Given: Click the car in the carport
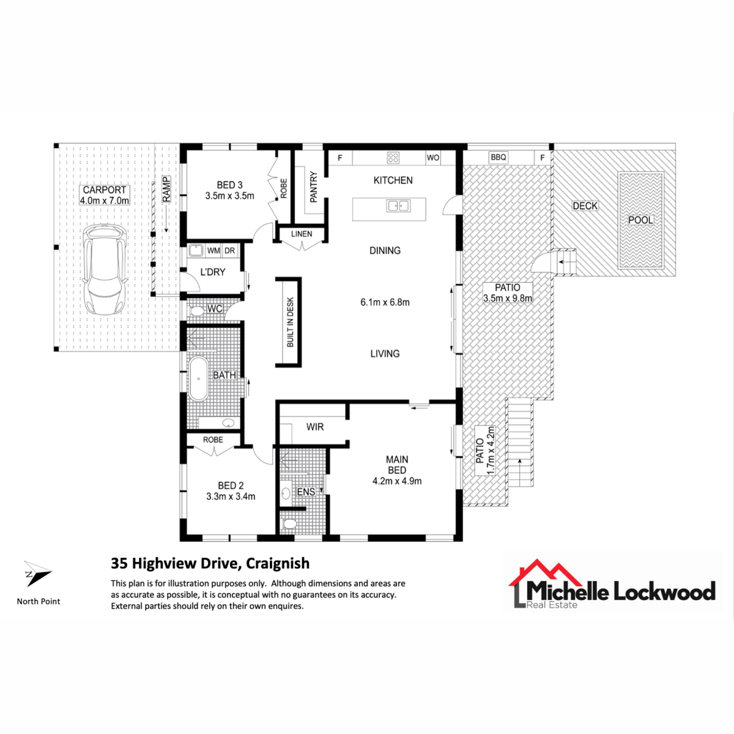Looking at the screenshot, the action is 105,270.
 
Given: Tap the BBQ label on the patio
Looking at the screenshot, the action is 499,157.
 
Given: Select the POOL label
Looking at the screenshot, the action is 640,220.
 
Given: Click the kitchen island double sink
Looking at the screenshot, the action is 398,206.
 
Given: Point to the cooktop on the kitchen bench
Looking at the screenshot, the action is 393,158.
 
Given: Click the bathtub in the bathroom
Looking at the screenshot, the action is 198,378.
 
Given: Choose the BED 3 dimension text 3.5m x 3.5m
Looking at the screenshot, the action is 229,196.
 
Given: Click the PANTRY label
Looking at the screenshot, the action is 314,187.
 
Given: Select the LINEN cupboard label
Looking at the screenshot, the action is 302,234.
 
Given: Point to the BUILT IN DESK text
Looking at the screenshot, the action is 291,322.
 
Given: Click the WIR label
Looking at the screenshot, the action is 314,427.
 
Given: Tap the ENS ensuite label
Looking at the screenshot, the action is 306,492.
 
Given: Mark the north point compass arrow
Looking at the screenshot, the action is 37,574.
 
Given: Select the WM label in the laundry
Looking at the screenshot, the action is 213,251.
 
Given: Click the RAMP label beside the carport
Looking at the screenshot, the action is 166,189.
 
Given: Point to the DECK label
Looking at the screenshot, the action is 585,206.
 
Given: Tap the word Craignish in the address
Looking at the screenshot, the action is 278,563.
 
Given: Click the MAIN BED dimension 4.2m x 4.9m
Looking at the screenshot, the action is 396,481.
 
